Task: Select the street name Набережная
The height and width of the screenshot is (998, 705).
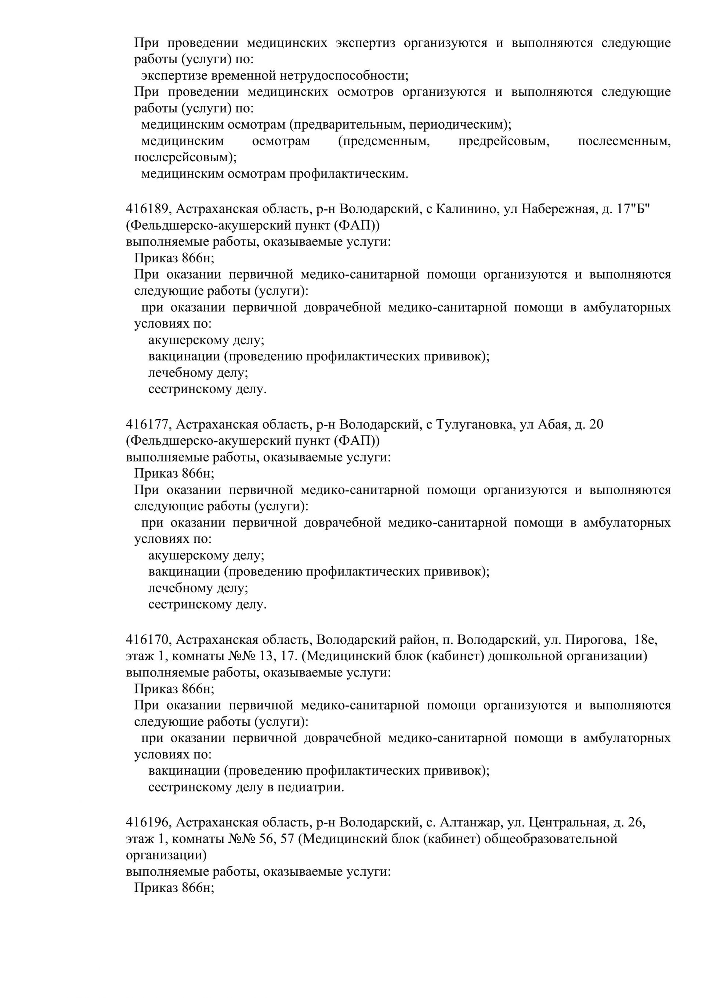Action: [557, 209]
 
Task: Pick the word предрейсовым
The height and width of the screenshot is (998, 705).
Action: [503, 141]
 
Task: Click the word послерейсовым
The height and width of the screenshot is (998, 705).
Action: [185, 157]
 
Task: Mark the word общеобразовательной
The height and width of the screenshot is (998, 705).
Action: [550, 839]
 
